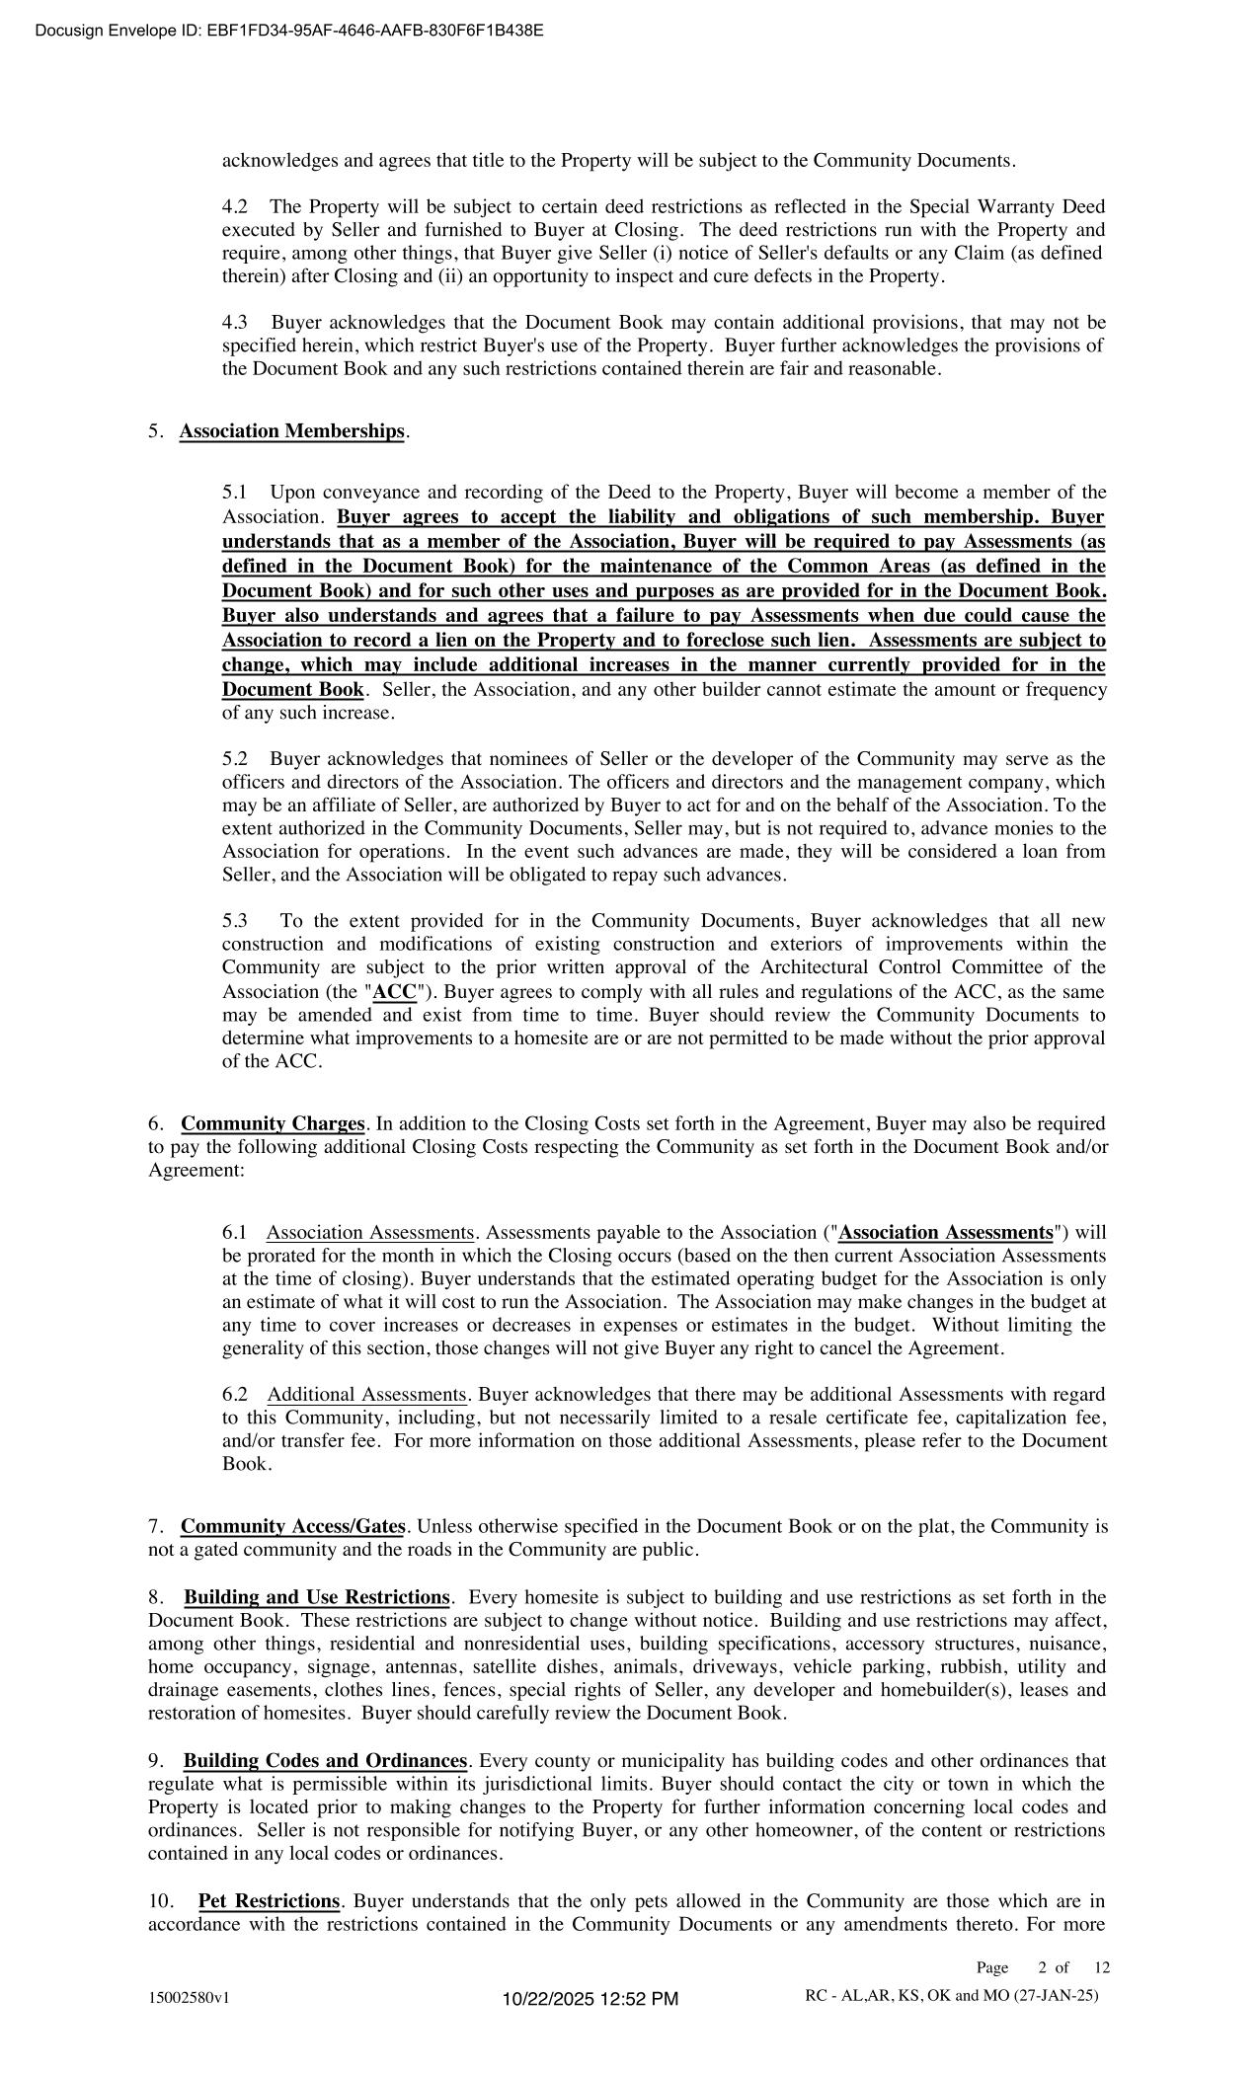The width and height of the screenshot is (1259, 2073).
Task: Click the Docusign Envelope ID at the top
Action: point(288,31)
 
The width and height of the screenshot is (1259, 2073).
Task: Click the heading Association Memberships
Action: point(292,431)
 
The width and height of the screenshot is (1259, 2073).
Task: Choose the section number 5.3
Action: point(235,921)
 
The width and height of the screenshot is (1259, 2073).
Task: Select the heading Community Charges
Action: point(274,1124)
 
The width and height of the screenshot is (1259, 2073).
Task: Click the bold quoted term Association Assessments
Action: point(945,1233)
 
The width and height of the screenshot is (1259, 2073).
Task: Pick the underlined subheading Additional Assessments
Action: point(366,1395)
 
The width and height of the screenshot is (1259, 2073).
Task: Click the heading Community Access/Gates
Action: point(292,1527)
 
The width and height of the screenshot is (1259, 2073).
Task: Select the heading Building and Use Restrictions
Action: point(317,1597)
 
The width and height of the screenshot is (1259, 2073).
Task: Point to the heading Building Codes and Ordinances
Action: point(325,1761)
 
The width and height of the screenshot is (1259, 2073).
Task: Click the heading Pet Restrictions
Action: point(269,1901)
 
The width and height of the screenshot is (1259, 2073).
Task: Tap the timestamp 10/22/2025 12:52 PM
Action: point(590,1999)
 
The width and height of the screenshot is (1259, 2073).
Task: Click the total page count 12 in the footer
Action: point(1102,1967)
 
